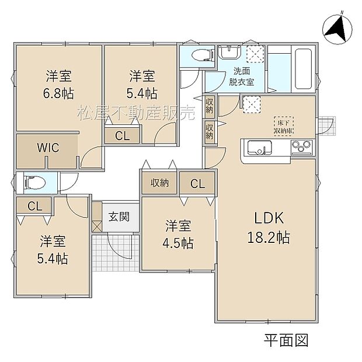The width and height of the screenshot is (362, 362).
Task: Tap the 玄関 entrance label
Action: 119,215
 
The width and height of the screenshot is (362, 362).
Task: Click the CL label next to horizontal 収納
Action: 197,184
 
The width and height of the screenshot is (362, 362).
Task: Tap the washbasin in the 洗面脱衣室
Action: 228,54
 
